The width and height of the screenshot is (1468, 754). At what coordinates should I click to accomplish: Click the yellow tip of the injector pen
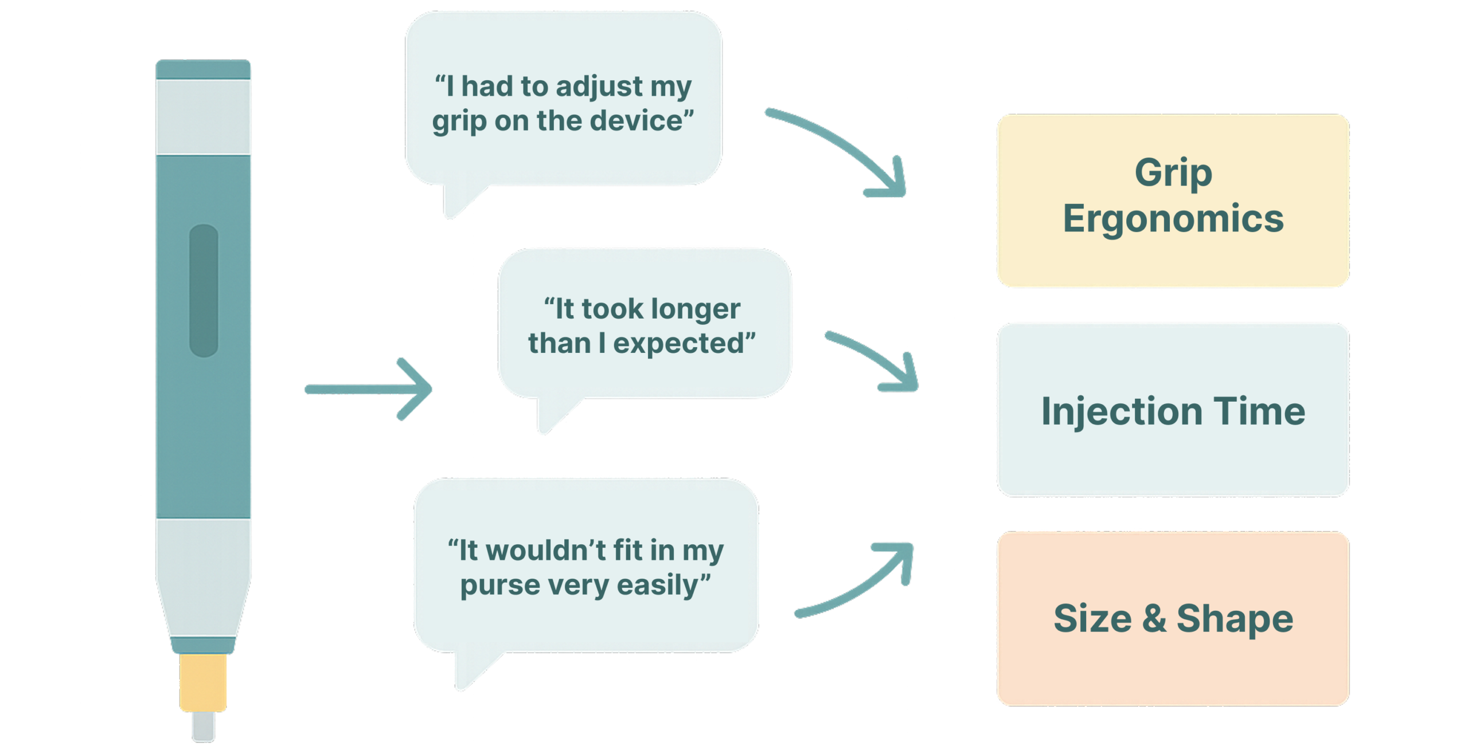[203, 682]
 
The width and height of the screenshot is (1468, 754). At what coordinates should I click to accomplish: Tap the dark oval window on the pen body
[204, 290]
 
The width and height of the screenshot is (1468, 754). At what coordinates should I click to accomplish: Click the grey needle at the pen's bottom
[204, 726]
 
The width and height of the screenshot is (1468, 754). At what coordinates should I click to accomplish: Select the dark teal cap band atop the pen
[203, 69]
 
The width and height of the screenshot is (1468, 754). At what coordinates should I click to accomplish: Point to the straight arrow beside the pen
[368, 389]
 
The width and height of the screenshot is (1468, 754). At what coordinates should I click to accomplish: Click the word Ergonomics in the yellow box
[1173, 219]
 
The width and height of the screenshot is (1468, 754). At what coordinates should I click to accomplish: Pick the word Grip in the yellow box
[1173, 173]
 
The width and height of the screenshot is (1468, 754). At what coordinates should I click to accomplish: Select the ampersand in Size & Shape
[1154, 618]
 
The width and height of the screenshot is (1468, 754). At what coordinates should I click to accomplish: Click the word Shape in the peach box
[1235, 619]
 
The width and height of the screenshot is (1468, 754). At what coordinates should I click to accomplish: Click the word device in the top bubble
[636, 120]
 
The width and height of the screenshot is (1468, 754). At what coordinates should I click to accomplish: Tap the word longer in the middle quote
[696, 310]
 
